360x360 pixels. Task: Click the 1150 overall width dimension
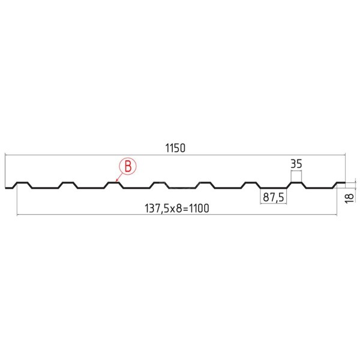[x=175, y=148]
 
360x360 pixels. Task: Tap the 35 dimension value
[x=296, y=164]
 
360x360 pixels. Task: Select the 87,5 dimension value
[x=274, y=197]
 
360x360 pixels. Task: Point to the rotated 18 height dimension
[x=349, y=198]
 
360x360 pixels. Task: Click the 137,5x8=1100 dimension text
[x=177, y=208]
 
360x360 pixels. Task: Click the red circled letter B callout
[x=128, y=166]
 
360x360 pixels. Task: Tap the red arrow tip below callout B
[x=116, y=181]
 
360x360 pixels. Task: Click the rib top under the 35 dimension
[x=296, y=183]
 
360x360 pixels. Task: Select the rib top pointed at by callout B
[x=113, y=183]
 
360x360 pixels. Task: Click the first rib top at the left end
[x=22, y=183]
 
